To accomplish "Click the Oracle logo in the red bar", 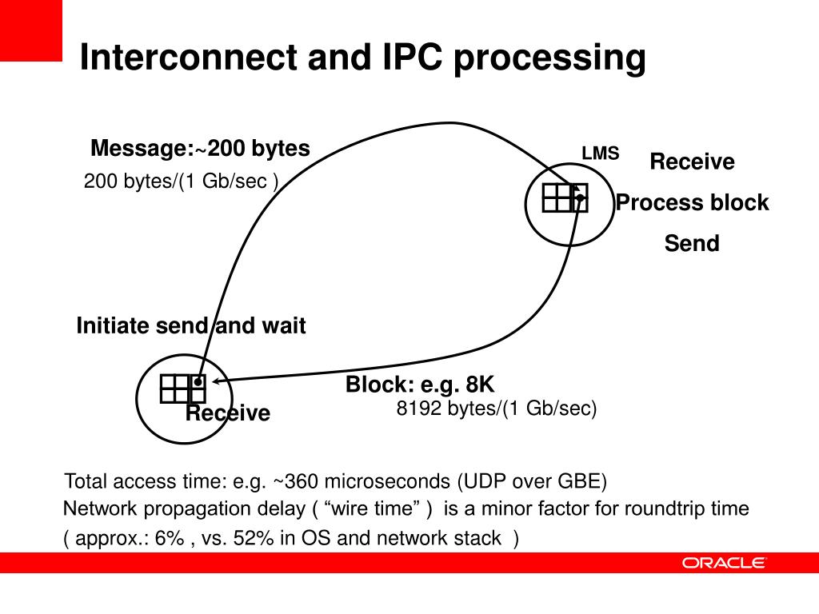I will [724, 563].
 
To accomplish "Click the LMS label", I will [600, 153].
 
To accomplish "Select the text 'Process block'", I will [692, 203].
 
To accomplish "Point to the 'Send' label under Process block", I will [692, 243].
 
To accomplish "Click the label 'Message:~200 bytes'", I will [200, 149].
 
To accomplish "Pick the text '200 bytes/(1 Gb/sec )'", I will [182, 182].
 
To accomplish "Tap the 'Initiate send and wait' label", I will [191, 326].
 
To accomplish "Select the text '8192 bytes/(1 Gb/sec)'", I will [497, 409].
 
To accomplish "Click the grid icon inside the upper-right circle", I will [565, 197].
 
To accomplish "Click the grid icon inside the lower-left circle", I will [182, 388].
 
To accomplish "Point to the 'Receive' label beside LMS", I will [692, 162].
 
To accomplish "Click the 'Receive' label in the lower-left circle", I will [228, 413].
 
